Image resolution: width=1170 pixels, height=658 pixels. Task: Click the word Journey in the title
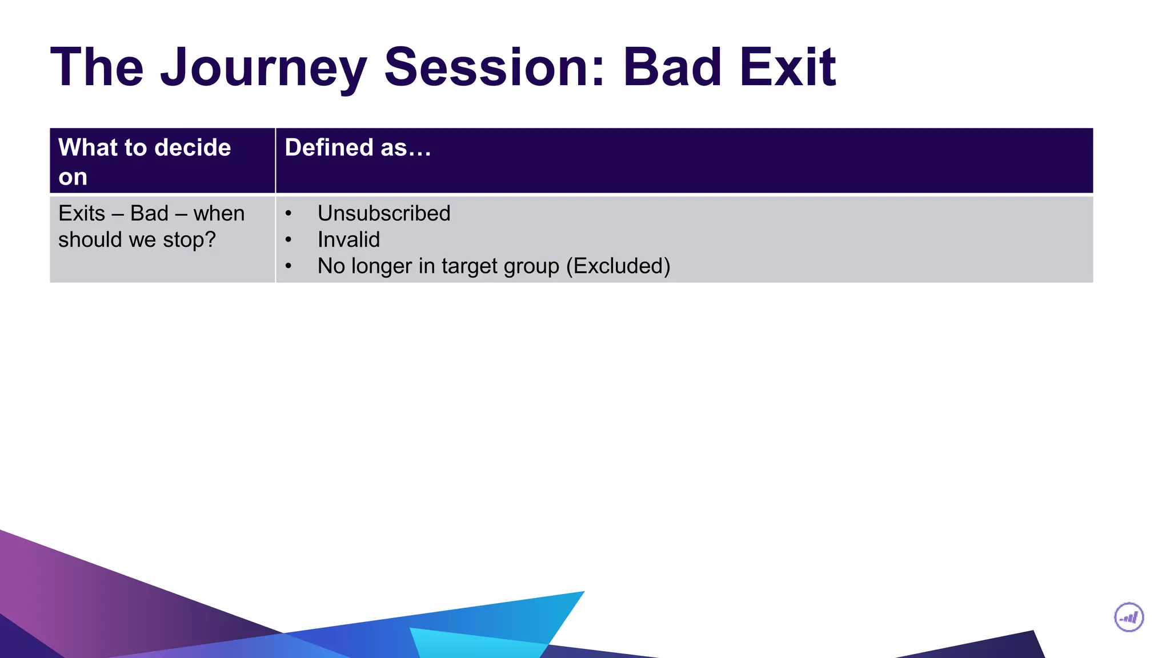(263, 68)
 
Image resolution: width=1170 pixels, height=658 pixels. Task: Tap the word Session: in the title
(494, 68)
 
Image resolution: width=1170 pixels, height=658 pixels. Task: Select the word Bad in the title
(672, 68)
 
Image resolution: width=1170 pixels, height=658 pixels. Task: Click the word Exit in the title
(788, 68)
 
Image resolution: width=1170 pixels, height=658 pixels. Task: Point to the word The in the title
(97, 68)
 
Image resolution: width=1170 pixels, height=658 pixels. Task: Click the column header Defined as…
(358, 148)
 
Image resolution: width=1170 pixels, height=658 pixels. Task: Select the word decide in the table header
(193, 148)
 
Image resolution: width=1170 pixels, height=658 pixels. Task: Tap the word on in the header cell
(73, 177)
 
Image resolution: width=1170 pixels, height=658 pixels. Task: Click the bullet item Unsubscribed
(384, 214)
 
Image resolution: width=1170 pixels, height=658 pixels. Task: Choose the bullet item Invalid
(348, 240)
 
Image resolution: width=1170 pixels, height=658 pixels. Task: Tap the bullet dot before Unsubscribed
(289, 214)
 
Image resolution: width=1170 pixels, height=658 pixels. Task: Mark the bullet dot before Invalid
(289, 240)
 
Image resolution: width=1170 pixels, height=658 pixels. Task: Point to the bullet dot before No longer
(289, 266)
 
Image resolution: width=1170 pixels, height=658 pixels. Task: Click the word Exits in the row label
(82, 214)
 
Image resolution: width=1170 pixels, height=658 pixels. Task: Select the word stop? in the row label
(189, 240)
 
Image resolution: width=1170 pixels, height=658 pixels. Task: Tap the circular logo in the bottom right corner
(1129, 617)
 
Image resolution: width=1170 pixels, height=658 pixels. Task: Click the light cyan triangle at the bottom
(474, 644)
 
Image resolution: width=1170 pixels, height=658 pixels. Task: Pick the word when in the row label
(219, 214)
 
